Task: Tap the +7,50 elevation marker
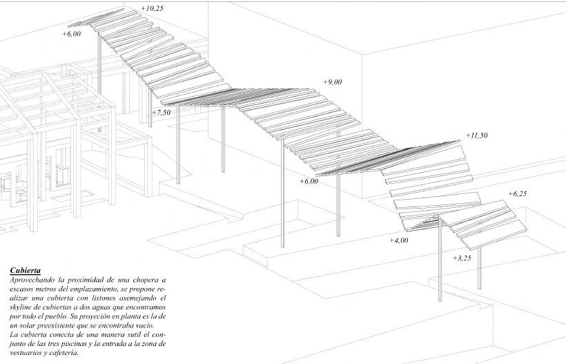pos(162,112)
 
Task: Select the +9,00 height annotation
pos(332,82)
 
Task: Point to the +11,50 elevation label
pos(476,135)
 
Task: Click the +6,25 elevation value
pos(517,194)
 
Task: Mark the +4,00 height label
pos(399,240)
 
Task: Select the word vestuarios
pos(30,353)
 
